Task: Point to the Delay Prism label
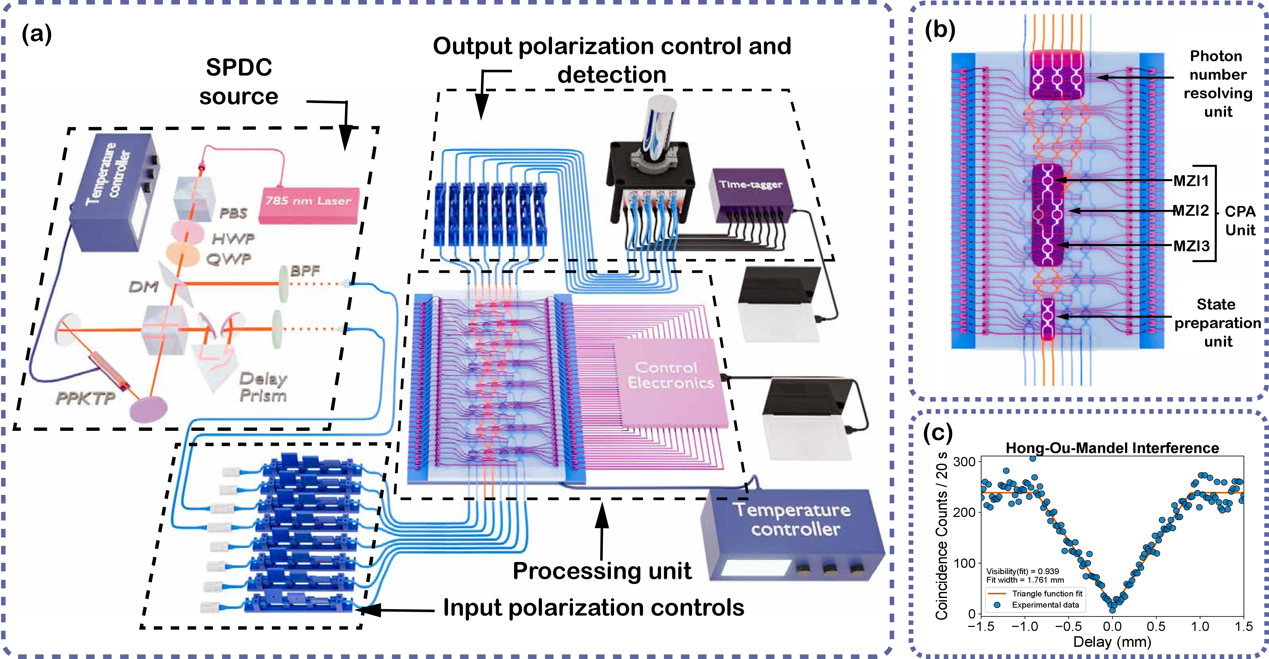tap(263, 387)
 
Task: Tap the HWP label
tap(233, 239)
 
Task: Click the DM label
tap(143, 287)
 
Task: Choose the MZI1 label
tap(1191, 181)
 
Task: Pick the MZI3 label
tap(1191, 245)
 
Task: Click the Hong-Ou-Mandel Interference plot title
tap(1112, 448)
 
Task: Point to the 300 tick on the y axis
tap(964, 462)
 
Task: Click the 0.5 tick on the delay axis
tap(1156, 626)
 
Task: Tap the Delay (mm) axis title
tap(1112, 642)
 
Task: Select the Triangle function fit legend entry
tap(1047, 594)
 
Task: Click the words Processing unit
tap(602, 571)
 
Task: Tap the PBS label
tap(233, 213)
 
